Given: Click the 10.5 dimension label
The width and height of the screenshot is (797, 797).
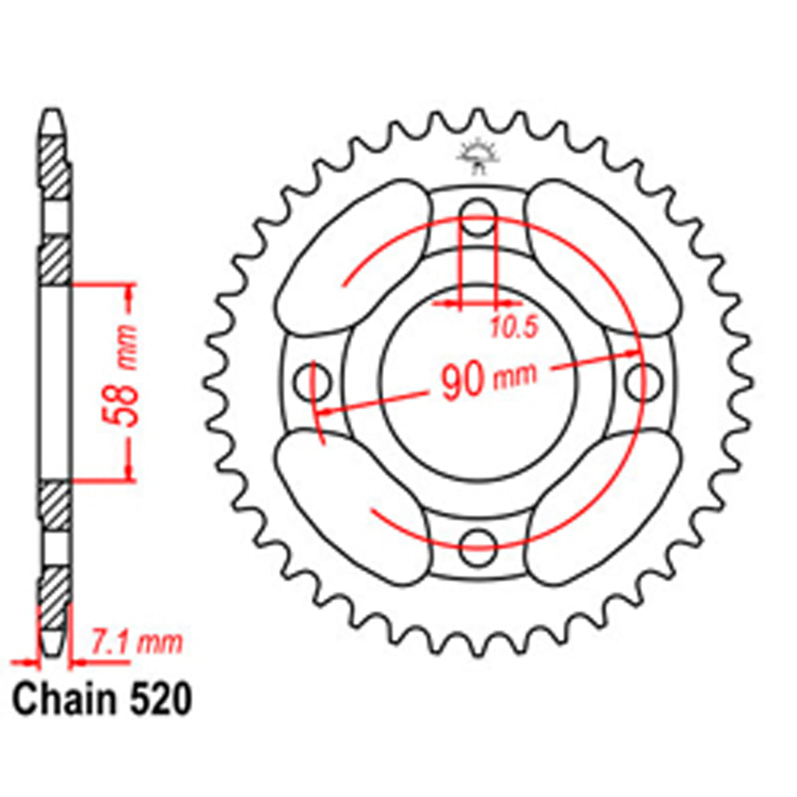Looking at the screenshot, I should point(504,324).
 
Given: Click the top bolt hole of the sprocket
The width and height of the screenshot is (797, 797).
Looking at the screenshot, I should point(478,214).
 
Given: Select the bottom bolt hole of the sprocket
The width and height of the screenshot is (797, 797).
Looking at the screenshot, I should point(478,541).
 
